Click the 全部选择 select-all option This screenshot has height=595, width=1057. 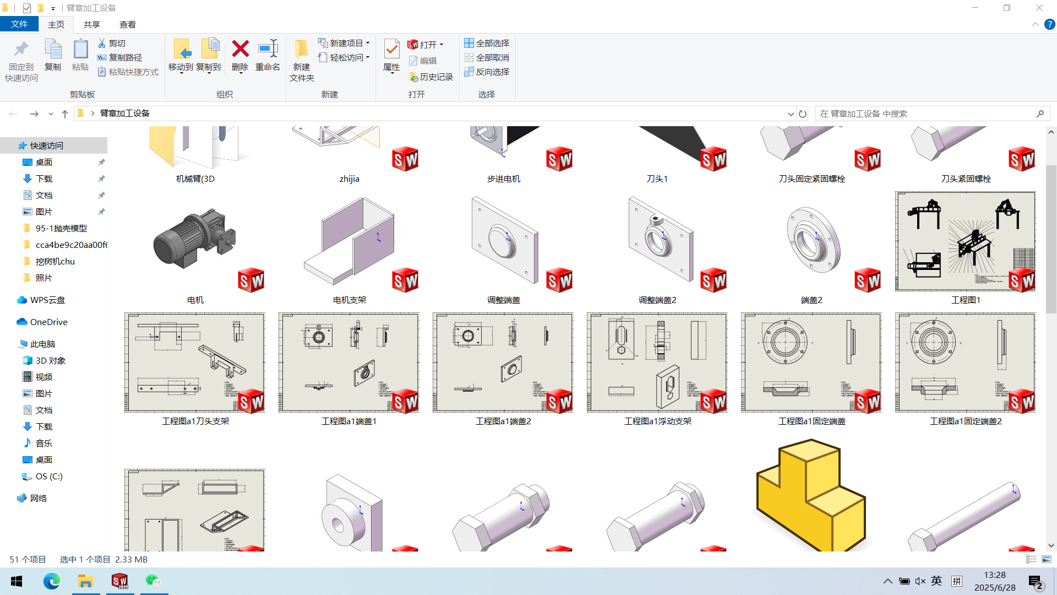point(487,43)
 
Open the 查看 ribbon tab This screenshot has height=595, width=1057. point(128,24)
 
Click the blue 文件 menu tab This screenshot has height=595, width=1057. point(19,24)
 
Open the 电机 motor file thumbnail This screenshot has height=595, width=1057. point(195,242)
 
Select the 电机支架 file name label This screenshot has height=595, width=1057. point(350,300)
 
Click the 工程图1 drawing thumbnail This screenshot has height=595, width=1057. point(965,241)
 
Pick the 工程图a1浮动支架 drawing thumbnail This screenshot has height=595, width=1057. point(657,363)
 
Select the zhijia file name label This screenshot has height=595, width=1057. point(350,178)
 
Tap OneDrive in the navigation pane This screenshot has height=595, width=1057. point(48,322)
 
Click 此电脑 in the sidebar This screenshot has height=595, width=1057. point(42,344)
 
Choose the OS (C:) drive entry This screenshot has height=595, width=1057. point(49,476)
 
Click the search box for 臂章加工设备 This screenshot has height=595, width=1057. point(925,113)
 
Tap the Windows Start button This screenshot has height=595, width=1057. point(17,581)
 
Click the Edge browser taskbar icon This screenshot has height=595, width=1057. point(51,581)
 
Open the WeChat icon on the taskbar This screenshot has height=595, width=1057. point(154,581)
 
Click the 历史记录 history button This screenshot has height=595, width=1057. point(431,77)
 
